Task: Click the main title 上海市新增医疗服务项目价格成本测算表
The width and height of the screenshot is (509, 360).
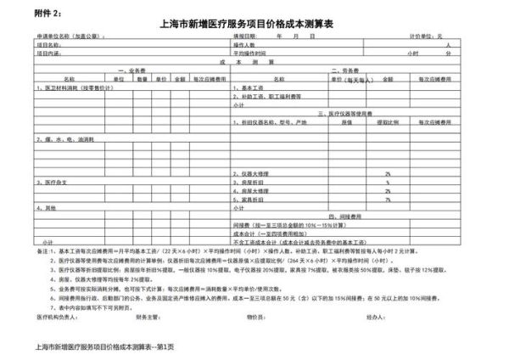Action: click(255, 26)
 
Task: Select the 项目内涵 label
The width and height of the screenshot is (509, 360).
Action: click(48, 52)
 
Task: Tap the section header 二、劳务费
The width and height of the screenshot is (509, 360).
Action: click(348, 70)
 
